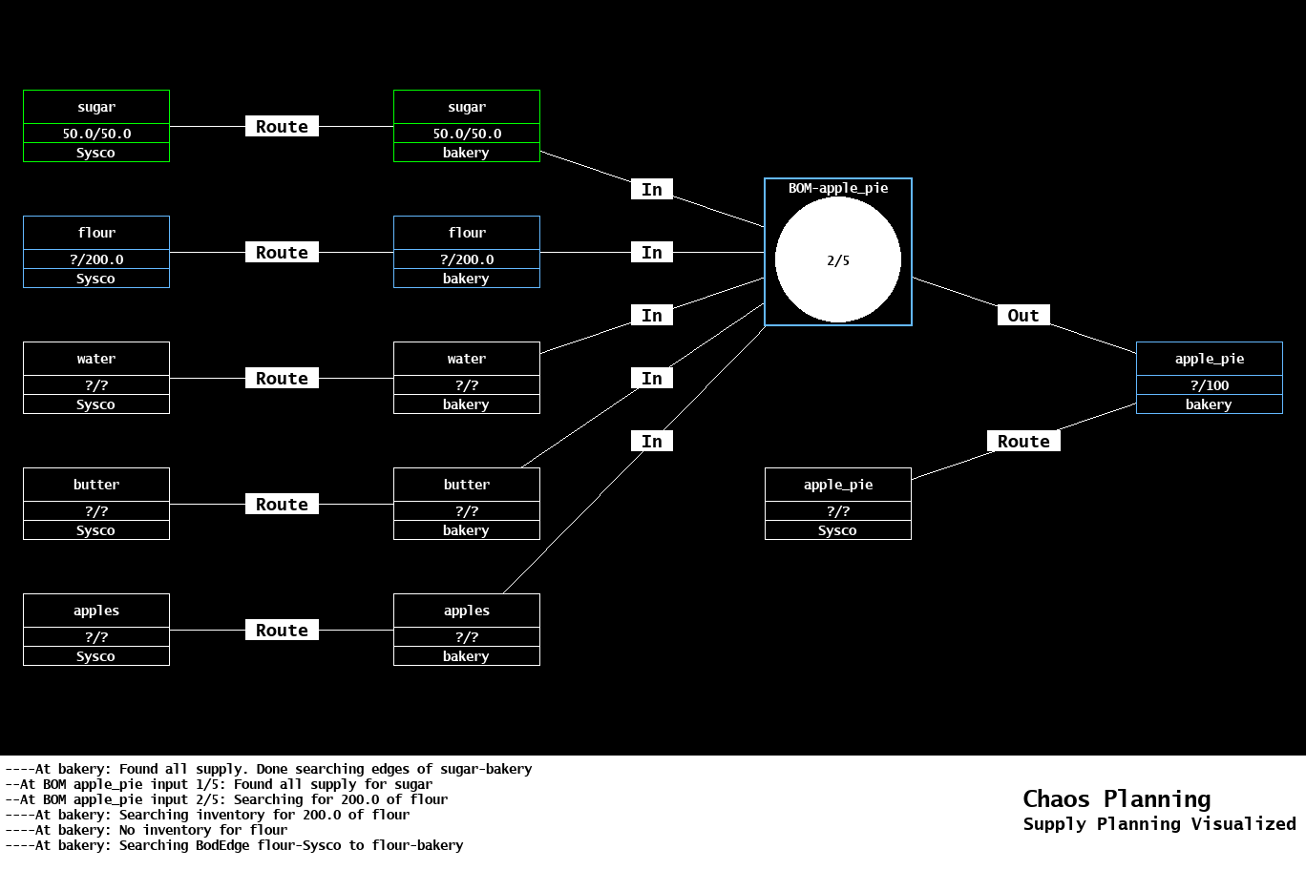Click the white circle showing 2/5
[837, 259]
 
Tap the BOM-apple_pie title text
[837, 188]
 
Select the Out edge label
[1022, 316]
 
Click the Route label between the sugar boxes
[282, 127]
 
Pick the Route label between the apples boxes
[282, 631]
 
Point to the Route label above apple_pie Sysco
[1022, 442]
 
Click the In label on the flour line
[652, 253]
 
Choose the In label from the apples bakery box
[652, 442]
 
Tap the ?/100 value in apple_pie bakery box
[1209, 385]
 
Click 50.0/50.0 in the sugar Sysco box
[96, 134]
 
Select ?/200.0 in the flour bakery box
[467, 259]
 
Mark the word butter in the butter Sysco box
[96, 485]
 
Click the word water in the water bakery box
[467, 359]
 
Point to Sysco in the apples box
[95, 656]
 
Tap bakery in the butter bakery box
[466, 530]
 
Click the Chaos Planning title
[1116, 799]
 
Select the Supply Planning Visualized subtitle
[1159, 824]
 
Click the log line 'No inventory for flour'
[146, 830]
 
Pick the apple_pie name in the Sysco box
[837, 485]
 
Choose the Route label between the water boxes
[282, 379]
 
